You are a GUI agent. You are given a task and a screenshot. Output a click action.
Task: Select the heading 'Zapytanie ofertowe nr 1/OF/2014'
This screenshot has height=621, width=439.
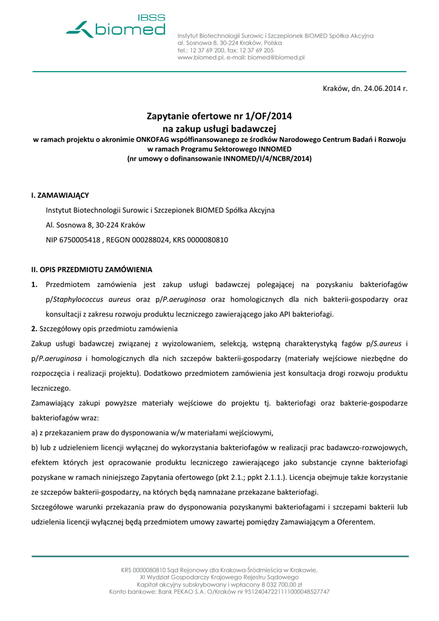(x=219, y=116)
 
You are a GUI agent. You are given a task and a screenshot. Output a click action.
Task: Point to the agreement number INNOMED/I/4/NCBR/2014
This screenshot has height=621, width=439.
(x=267, y=159)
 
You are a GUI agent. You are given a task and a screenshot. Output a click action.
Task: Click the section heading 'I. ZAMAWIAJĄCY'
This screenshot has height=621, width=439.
(x=59, y=195)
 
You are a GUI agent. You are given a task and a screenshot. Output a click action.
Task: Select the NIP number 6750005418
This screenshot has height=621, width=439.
(x=81, y=240)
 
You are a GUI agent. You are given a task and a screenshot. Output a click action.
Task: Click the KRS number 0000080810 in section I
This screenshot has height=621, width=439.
(x=208, y=240)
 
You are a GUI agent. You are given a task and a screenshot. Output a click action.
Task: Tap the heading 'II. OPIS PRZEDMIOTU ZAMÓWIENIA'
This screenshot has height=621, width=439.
(x=92, y=269)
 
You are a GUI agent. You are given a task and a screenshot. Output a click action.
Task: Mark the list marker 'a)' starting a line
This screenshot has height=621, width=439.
(x=35, y=433)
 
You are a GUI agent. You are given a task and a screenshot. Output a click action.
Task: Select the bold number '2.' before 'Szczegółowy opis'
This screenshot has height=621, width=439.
(x=35, y=329)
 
